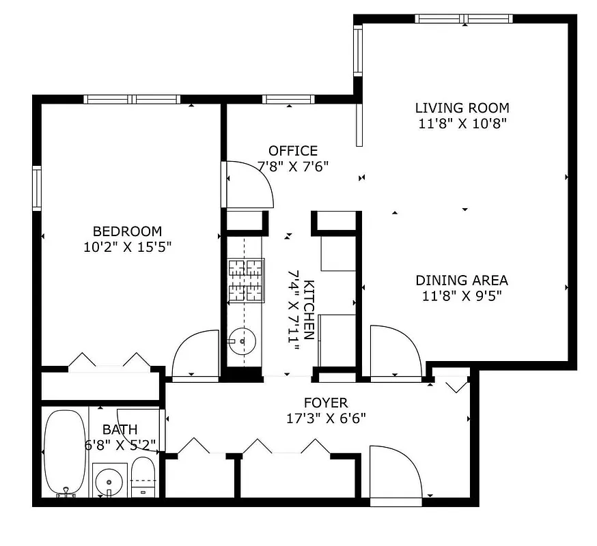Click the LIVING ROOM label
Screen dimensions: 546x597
462,108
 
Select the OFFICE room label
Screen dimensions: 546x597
292,151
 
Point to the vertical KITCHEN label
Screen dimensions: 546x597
309,310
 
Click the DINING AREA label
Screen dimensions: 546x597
462,281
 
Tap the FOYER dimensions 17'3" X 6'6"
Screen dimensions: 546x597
326,418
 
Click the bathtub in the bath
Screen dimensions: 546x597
65,452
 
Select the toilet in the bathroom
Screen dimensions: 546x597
143,478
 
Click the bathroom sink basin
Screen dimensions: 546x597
109,481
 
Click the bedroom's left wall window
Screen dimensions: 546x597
37,188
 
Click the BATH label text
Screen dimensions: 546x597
120,430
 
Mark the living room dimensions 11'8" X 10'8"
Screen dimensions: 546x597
462,124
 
